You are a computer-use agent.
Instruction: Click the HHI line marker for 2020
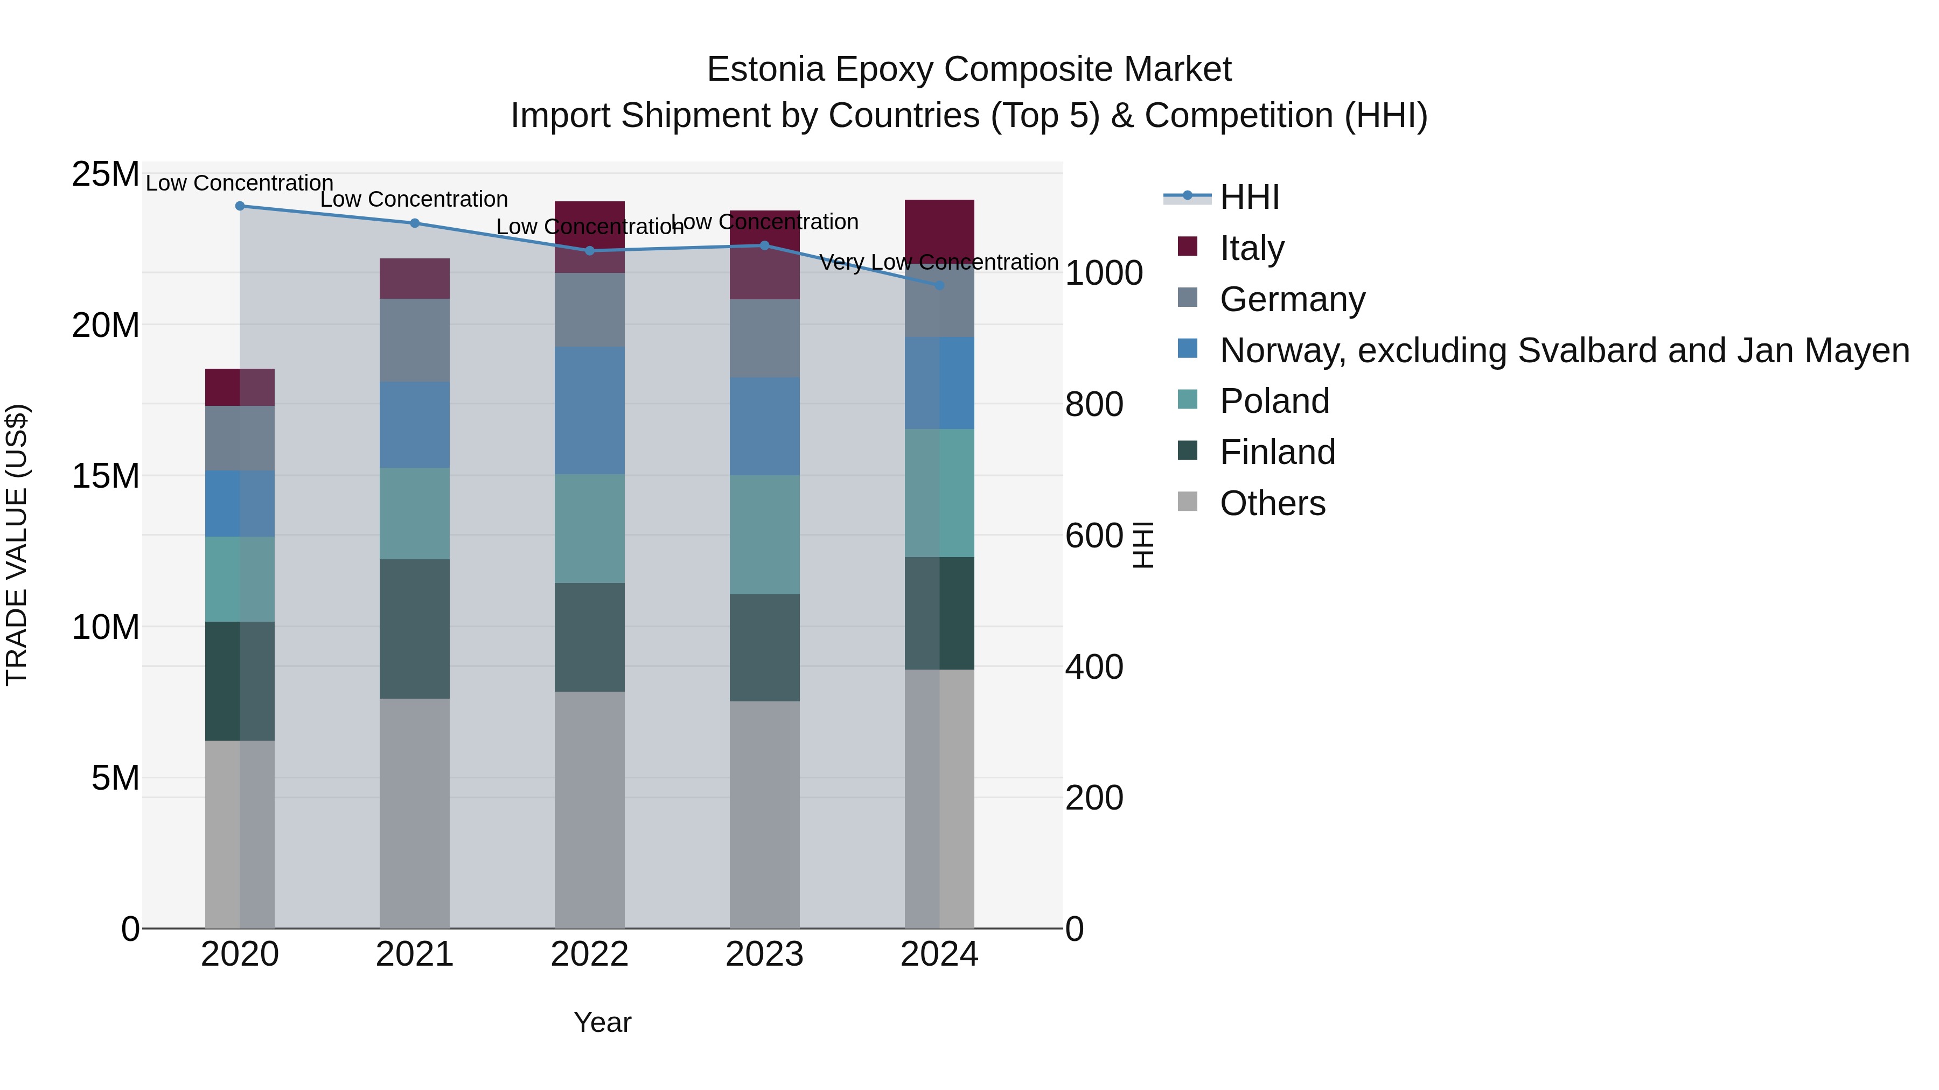[x=240, y=206]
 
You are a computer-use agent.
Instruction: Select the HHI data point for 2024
[x=939, y=286]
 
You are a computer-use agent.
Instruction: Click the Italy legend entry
[x=1252, y=248]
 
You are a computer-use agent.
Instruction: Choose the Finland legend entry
[x=1278, y=452]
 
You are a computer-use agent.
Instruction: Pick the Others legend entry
[x=1272, y=503]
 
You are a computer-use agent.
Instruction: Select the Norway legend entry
[x=1564, y=350]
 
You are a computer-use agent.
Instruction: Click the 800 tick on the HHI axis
[x=1094, y=405]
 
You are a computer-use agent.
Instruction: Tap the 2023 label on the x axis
[x=764, y=954]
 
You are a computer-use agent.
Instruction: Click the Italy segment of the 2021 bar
[x=415, y=278]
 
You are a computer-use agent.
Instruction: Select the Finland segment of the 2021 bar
[x=415, y=629]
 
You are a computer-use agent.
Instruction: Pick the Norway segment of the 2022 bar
[x=589, y=410]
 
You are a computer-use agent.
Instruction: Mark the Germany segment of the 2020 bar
[x=240, y=439]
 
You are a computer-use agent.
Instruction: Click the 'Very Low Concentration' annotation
[x=939, y=263]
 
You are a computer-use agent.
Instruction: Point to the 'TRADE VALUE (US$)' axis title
[x=17, y=545]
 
